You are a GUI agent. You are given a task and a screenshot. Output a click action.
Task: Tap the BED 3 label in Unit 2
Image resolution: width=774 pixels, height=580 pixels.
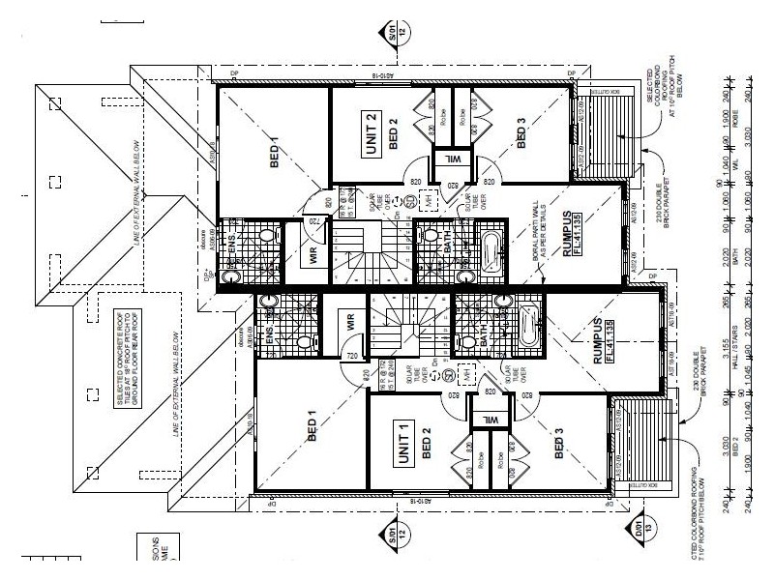coord(522,133)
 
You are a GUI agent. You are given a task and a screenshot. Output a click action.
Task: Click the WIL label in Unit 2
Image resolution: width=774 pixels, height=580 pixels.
coord(450,158)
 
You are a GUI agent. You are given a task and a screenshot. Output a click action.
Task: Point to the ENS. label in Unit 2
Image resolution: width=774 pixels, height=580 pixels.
coord(232,248)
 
